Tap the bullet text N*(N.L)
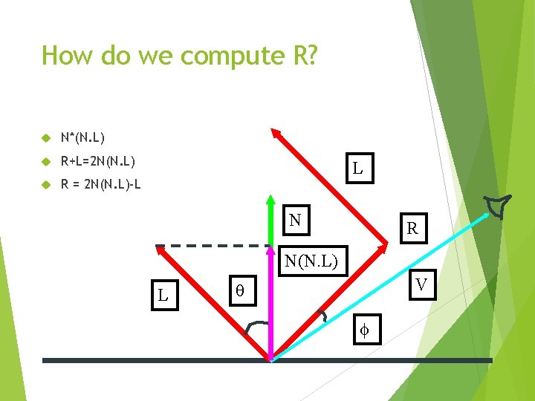click(83, 137)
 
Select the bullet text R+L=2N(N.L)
click(97, 160)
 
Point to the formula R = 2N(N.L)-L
click(101, 184)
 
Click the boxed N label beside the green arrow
click(295, 221)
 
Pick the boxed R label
click(412, 230)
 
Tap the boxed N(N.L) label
click(312, 261)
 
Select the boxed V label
click(421, 284)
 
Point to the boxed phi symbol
click(365, 329)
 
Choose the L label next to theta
click(163, 296)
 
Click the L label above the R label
click(357, 168)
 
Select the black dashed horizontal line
click(213, 245)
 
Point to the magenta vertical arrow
click(271, 312)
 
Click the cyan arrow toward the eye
click(379, 286)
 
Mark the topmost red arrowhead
click(275, 134)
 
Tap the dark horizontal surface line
click(149, 360)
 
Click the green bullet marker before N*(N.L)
click(46, 138)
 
